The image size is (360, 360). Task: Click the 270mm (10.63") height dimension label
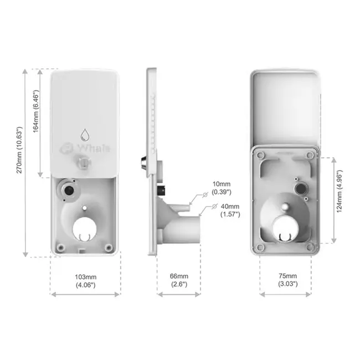click(19, 163)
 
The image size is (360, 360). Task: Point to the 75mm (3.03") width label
click(288, 280)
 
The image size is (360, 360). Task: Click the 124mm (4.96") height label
click(340, 199)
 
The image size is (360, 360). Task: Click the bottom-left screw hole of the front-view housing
click(61, 247)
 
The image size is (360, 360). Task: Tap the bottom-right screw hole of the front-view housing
click(110, 247)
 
